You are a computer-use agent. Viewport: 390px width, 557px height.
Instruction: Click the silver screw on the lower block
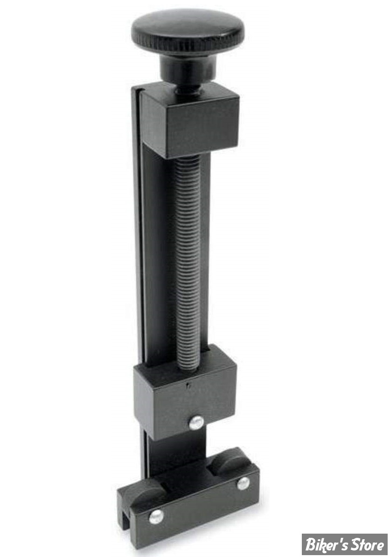pos(196,423)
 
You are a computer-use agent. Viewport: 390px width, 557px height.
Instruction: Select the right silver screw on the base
pos(243,484)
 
